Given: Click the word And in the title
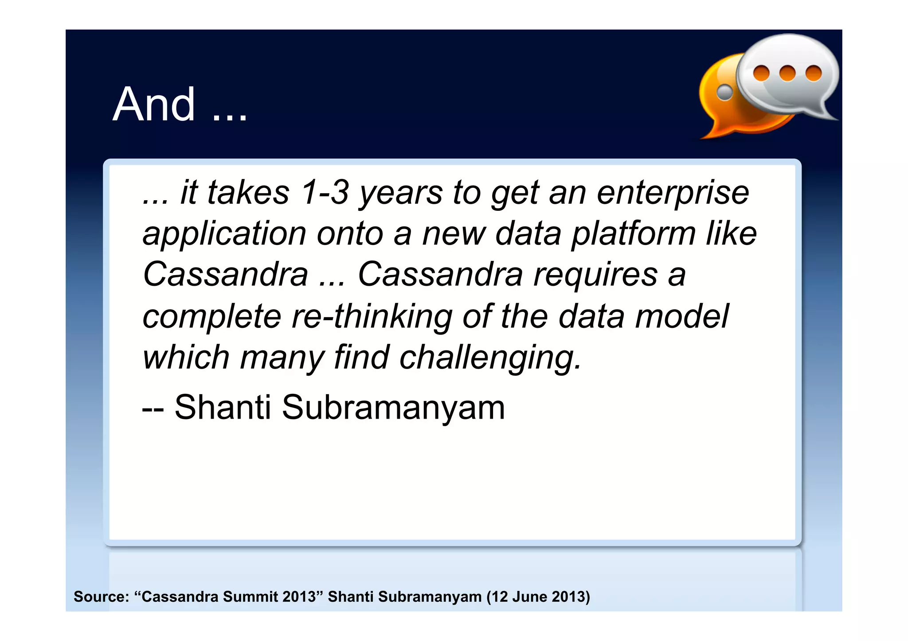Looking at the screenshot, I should tap(154, 105).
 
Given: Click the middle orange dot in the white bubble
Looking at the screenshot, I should tap(787, 73).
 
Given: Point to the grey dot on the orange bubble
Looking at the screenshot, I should tap(725, 92).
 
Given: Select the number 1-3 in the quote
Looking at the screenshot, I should tap(325, 193).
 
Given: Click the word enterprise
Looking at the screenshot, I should tap(673, 193).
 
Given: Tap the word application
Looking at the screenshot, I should tap(224, 234).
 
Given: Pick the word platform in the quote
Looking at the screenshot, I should tap(633, 234).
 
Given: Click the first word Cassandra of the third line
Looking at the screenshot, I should tap(225, 275).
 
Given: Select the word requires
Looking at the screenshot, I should tap(595, 275).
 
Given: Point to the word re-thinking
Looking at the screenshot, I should tap(372, 316).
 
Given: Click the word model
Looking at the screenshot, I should tap(681, 316).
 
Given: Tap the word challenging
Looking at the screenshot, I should tap(490, 357).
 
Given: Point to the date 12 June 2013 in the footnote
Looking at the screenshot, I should tap(538, 597).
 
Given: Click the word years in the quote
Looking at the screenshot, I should tap(401, 193).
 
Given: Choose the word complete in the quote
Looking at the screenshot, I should tap(212, 316).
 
